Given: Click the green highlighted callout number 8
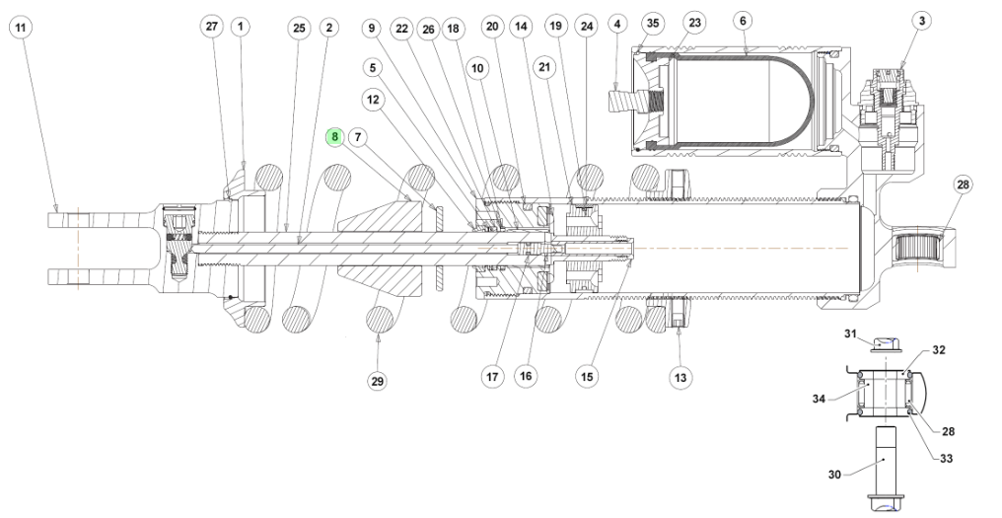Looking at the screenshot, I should pos(335,136).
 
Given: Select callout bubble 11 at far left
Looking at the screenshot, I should pos(21,28).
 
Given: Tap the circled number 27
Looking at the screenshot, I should pos(212,28).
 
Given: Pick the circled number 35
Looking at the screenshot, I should pos(651,21).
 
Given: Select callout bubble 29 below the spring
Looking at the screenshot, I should pos(377,381).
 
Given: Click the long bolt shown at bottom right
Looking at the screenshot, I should pos(883,464).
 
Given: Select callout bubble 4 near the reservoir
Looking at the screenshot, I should pos(618,21).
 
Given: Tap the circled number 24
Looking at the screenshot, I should pos(586,28).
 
